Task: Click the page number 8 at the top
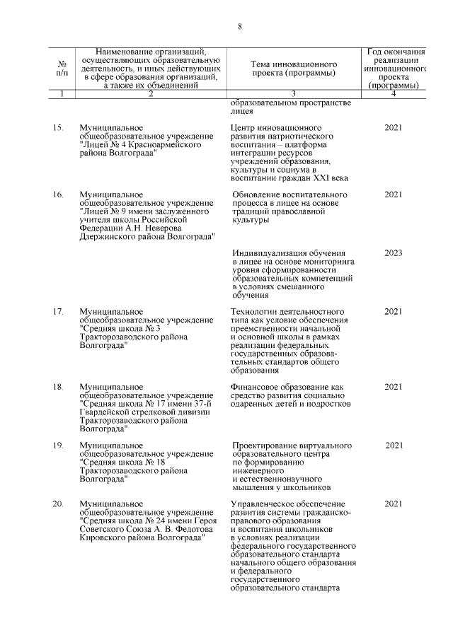(x=240, y=26)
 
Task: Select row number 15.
(x=59, y=128)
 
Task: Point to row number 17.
(x=59, y=311)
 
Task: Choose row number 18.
(x=59, y=387)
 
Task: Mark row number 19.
(x=59, y=445)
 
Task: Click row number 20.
(x=59, y=504)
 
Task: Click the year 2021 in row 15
(x=393, y=128)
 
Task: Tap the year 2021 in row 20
(x=393, y=504)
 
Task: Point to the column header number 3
(x=292, y=94)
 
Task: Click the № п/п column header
(x=62, y=69)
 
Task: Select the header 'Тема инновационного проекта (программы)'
(x=292, y=69)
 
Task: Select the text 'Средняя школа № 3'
(x=121, y=328)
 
